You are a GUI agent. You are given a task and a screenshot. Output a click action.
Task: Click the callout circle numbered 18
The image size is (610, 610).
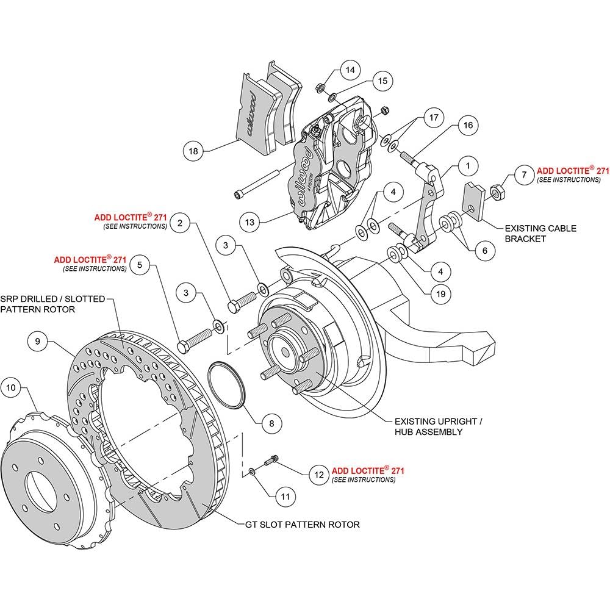(193, 151)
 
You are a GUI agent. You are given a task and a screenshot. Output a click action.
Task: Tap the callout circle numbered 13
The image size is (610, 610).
(249, 222)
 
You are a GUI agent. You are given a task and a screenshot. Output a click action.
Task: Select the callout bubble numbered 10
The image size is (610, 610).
(11, 387)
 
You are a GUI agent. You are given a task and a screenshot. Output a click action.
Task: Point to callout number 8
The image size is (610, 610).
(271, 424)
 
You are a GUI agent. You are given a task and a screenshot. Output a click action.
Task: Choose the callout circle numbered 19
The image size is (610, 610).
(440, 294)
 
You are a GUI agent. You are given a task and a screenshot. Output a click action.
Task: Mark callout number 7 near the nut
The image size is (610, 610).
(524, 174)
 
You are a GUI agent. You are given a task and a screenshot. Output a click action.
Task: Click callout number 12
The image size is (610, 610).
(319, 475)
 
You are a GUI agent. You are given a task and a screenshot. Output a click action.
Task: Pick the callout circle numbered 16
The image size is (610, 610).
(468, 125)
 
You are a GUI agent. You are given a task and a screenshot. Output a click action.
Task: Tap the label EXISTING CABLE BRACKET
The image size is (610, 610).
(540, 234)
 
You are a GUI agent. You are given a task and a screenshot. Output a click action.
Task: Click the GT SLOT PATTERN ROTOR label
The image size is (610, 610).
(303, 525)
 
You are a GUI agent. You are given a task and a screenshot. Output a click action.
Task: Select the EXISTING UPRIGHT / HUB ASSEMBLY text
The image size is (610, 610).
(438, 426)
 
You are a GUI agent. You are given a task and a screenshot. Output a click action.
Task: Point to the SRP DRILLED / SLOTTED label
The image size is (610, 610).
(52, 299)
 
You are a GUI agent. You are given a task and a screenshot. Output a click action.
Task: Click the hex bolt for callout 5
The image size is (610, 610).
(195, 340)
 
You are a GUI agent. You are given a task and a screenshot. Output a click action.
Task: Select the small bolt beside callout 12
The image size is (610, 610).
(271, 461)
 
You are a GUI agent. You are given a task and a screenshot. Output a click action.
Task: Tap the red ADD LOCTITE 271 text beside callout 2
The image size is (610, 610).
(131, 217)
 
